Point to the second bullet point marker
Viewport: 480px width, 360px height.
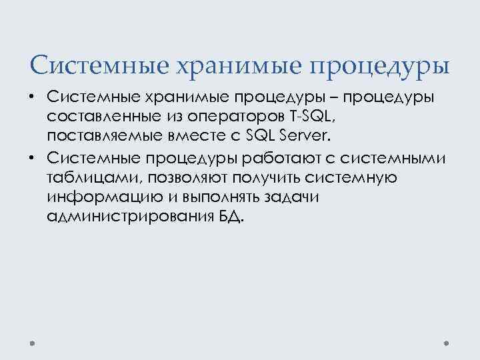[31, 157]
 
